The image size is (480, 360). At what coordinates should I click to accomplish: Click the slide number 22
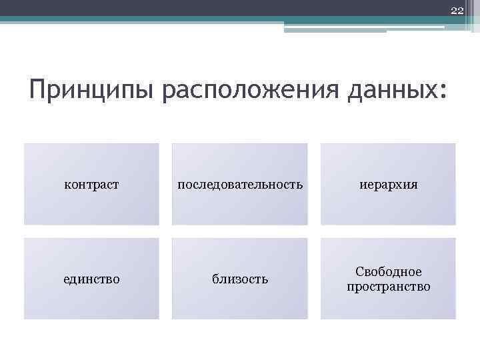coord(457,10)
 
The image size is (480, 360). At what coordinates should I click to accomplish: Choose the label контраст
coord(91,185)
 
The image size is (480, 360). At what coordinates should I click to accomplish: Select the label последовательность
coord(239,185)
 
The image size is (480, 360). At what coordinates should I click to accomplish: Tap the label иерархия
coord(388,185)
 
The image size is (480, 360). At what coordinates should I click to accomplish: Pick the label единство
coord(91,279)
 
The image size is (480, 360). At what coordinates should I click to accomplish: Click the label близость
coord(240,279)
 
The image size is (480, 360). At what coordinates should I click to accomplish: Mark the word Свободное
coord(389,272)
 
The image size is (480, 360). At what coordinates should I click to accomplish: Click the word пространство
coord(389,287)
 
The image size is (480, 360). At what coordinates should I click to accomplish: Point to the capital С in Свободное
coord(359,272)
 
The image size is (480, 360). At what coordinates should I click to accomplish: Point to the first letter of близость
coord(215,279)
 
